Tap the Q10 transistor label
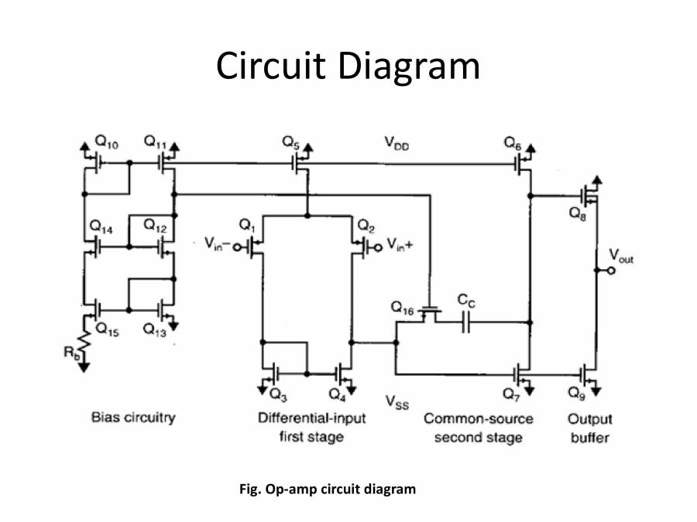coord(106,143)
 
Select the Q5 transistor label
coord(290,142)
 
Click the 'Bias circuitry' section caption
coord(133,418)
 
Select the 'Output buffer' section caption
coord(591,428)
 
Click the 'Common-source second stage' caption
coord(478,428)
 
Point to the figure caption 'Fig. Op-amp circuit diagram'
coord(327,490)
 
